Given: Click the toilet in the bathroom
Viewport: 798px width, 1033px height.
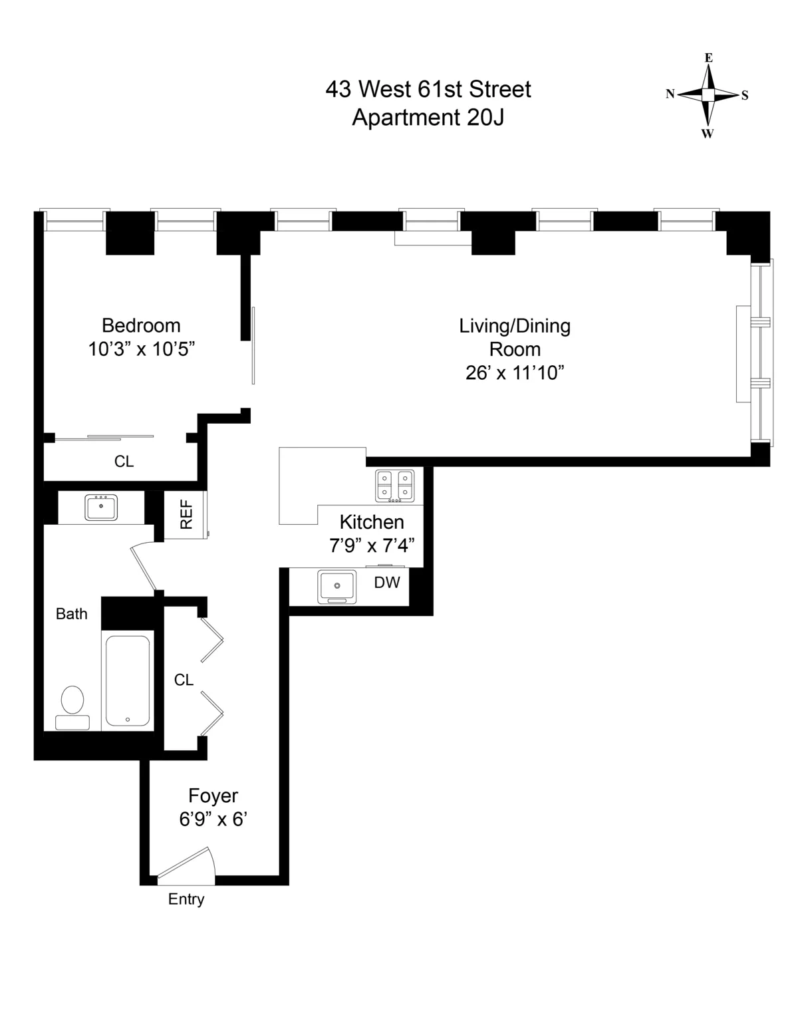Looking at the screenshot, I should tap(72, 706).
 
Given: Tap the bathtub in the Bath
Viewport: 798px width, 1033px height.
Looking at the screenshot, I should tap(128, 680).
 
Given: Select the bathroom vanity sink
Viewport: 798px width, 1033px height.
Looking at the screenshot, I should tap(101, 507).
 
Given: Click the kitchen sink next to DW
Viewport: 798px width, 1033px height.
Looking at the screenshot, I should tap(337, 586).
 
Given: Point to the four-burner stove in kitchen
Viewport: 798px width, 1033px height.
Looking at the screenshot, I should tap(394, 485).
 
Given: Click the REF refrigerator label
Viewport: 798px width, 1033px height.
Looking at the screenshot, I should tap(186, 514).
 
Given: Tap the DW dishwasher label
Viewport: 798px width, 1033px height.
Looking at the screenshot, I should tap(387, 583).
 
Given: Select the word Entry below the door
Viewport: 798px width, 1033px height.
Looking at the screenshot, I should tap(186, 899).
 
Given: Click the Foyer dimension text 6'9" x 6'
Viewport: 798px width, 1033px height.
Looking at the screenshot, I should tap(213, 819).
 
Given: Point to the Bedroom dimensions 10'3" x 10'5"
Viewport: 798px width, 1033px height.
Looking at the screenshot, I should tap(141, 349).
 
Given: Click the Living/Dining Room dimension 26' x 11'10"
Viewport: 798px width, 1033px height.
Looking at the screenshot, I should tap(515, 372).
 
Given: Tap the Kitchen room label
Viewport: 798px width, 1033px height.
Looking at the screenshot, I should tap(372, 521).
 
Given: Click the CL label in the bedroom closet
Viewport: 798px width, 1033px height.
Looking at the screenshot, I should tap(124, 462).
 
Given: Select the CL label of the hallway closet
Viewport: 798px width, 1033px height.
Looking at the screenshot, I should tap(184, 680).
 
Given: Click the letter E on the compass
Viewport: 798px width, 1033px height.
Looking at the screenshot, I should tap(709, 58).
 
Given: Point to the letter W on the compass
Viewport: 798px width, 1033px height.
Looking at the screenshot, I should tap(708, 134).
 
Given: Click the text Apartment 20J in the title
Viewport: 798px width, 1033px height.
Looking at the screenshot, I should tap(428, 117).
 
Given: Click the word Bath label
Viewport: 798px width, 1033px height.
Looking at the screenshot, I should tap(71, 614).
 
